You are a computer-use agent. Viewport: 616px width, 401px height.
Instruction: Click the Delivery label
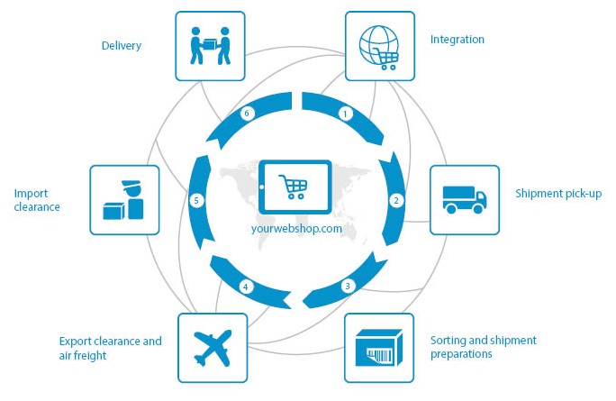point(121,45)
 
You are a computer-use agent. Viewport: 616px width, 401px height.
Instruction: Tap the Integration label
point(457,40)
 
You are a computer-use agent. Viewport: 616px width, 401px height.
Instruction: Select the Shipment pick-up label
point(557,194)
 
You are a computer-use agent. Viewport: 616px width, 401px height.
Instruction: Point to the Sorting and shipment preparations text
point(483,347)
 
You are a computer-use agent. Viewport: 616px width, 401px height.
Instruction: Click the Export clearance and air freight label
point(111,348)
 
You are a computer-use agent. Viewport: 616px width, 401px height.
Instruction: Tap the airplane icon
point(213,348)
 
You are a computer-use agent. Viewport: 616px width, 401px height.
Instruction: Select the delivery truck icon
point(464,199)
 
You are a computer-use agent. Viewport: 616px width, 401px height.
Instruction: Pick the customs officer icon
point(124,200)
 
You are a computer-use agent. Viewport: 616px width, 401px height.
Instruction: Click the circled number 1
point(344,114)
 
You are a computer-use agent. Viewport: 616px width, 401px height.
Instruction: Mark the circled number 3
point(347,287)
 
